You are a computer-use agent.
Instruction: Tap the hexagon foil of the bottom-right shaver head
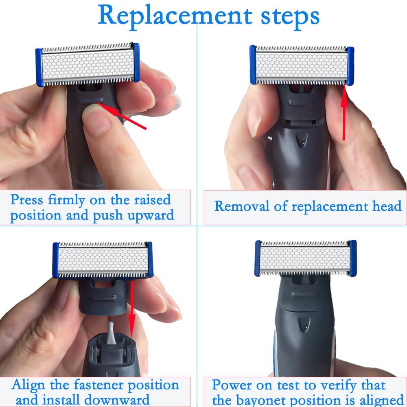click(x=304, y=258)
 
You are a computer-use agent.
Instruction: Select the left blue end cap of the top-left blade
click(x=39, y=68)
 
